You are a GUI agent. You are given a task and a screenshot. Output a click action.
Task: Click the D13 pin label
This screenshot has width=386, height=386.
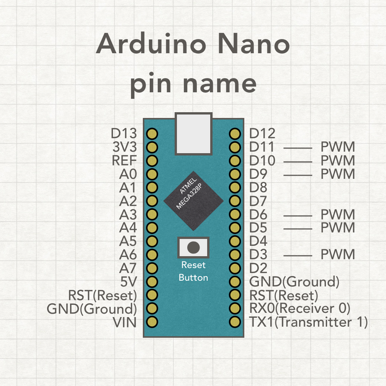(124, 134)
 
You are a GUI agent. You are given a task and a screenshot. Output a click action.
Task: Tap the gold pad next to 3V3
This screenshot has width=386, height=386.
(152, 147)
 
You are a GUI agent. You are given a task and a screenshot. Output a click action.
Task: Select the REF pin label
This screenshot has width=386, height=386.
(124, 160)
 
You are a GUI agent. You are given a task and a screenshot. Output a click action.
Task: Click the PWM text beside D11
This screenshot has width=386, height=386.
(338, 147)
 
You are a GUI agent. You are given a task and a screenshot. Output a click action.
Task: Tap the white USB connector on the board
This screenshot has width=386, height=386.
(193, 134)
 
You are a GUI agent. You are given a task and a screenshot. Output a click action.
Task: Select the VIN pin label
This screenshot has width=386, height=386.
(124, 322)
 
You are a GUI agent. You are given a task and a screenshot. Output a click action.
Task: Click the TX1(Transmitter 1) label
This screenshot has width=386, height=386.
(308, 322)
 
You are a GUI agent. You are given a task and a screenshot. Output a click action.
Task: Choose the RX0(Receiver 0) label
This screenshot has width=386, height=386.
(299, 309)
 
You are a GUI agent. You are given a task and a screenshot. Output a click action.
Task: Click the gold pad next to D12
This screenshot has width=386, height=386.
(235, 134)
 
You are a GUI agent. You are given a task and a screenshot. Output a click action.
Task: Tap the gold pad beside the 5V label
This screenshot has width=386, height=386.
(152, 282)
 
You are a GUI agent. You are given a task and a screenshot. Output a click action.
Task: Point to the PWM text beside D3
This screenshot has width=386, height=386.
(338, 255)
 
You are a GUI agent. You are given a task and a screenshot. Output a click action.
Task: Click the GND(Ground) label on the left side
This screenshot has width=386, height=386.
(92, 309)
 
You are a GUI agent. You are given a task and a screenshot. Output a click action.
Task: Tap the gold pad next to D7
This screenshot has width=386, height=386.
(235, 201)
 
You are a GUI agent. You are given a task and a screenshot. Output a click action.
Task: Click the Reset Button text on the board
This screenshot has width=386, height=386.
(193, 271)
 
